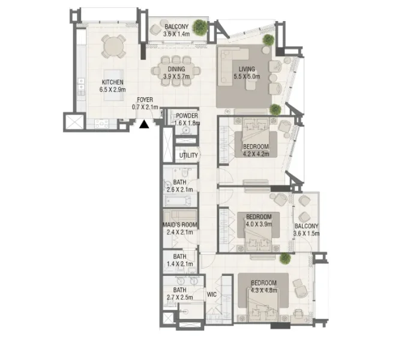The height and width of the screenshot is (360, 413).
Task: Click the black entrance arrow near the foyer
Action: [144, 125]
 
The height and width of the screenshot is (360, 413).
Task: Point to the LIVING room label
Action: [246, 69]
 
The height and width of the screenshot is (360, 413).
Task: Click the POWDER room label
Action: [187, 116]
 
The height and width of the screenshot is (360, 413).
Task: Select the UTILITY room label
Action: [188, 155]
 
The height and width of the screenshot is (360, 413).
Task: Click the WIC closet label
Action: [211, 295]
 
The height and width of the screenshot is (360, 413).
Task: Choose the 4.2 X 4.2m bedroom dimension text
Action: [256, 152]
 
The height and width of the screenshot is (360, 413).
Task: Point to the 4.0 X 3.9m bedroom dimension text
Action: [259, 224]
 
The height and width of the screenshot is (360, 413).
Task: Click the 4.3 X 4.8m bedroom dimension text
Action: [264, 290]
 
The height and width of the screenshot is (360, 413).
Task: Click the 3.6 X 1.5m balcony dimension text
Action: [306, 233]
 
